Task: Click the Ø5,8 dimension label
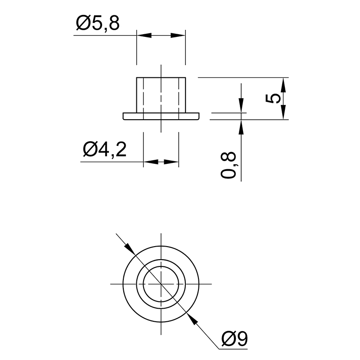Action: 98,23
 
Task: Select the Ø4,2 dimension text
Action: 105,150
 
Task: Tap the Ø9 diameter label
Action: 234,338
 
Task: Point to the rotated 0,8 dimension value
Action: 229,165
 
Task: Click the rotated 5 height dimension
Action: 273,99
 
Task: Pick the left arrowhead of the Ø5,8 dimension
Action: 144,36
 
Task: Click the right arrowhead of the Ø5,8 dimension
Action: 178,36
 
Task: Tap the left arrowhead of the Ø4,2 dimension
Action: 151,162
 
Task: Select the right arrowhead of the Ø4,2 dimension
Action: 171,162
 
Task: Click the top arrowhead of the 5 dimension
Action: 283,85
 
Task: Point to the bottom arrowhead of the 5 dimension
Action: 283,112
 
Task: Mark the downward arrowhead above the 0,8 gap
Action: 241,105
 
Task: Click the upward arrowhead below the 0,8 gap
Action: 241,127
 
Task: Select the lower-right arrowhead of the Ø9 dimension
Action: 192,319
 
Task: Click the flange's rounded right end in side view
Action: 198,116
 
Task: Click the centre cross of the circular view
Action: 161,284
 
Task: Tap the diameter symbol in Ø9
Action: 228,338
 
